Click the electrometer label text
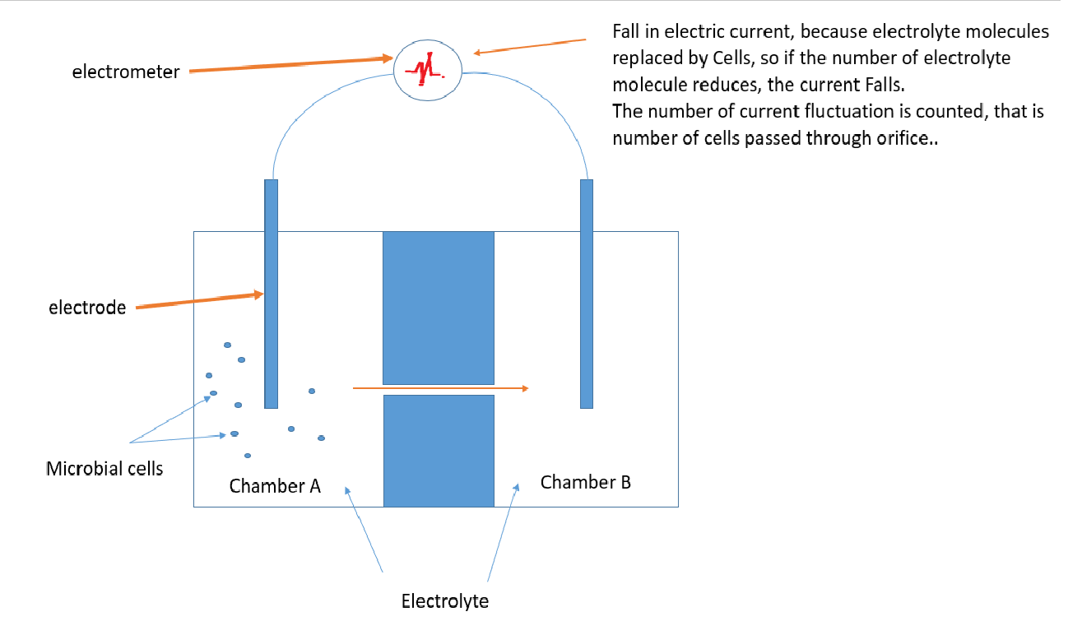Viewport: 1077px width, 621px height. pos(125,72)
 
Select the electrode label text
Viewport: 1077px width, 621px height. pos(87,308)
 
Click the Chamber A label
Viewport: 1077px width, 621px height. pos(275,486)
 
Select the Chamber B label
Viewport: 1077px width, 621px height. pos(586,482)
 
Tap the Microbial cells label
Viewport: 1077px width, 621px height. pos(104,469)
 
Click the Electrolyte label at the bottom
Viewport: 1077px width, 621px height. pos(444,601)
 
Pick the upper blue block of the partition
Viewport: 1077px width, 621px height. pos(439,308)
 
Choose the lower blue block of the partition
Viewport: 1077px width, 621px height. pos(439,450)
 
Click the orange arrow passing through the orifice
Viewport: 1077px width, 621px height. pos(440,387)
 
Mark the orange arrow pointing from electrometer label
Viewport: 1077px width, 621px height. pos(288,65)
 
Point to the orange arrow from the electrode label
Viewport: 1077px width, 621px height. pos(197,300)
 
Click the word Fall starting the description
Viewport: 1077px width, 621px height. pos(628,32)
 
